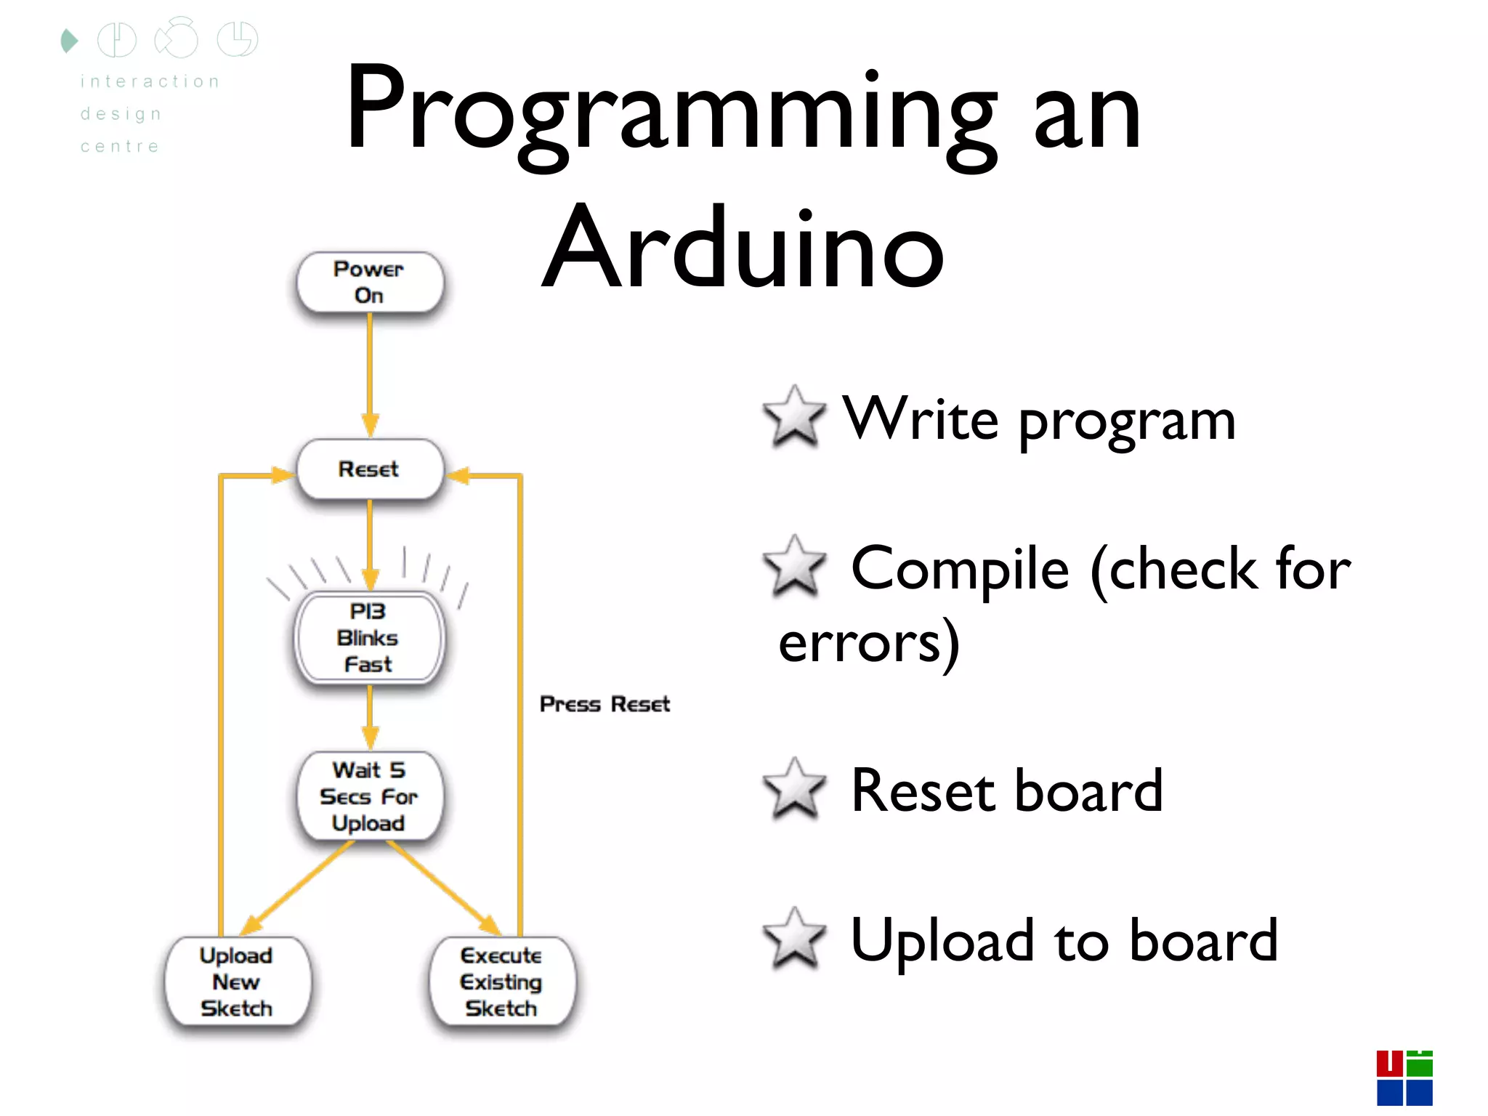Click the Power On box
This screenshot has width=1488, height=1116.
(369, 282)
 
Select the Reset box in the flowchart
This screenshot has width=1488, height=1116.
(369, 469)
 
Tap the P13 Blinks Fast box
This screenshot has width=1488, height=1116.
(369, 638)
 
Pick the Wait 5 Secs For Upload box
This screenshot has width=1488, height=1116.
(369, 796)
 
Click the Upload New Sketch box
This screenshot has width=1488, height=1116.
(237, 982)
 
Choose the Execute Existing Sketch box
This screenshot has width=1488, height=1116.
(501, 982)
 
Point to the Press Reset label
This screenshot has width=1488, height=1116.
(604, 704)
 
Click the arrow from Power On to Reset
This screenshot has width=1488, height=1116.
(370, 374)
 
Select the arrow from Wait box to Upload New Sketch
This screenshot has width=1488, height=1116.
(298, 888)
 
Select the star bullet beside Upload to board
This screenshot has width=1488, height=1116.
(794, 939)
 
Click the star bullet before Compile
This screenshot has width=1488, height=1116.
(794, 566)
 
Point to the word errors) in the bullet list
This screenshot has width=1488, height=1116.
(869, 644)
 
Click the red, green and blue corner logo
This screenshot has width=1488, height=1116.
(1404, 1077)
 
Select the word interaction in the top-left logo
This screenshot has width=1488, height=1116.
(150, 81)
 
